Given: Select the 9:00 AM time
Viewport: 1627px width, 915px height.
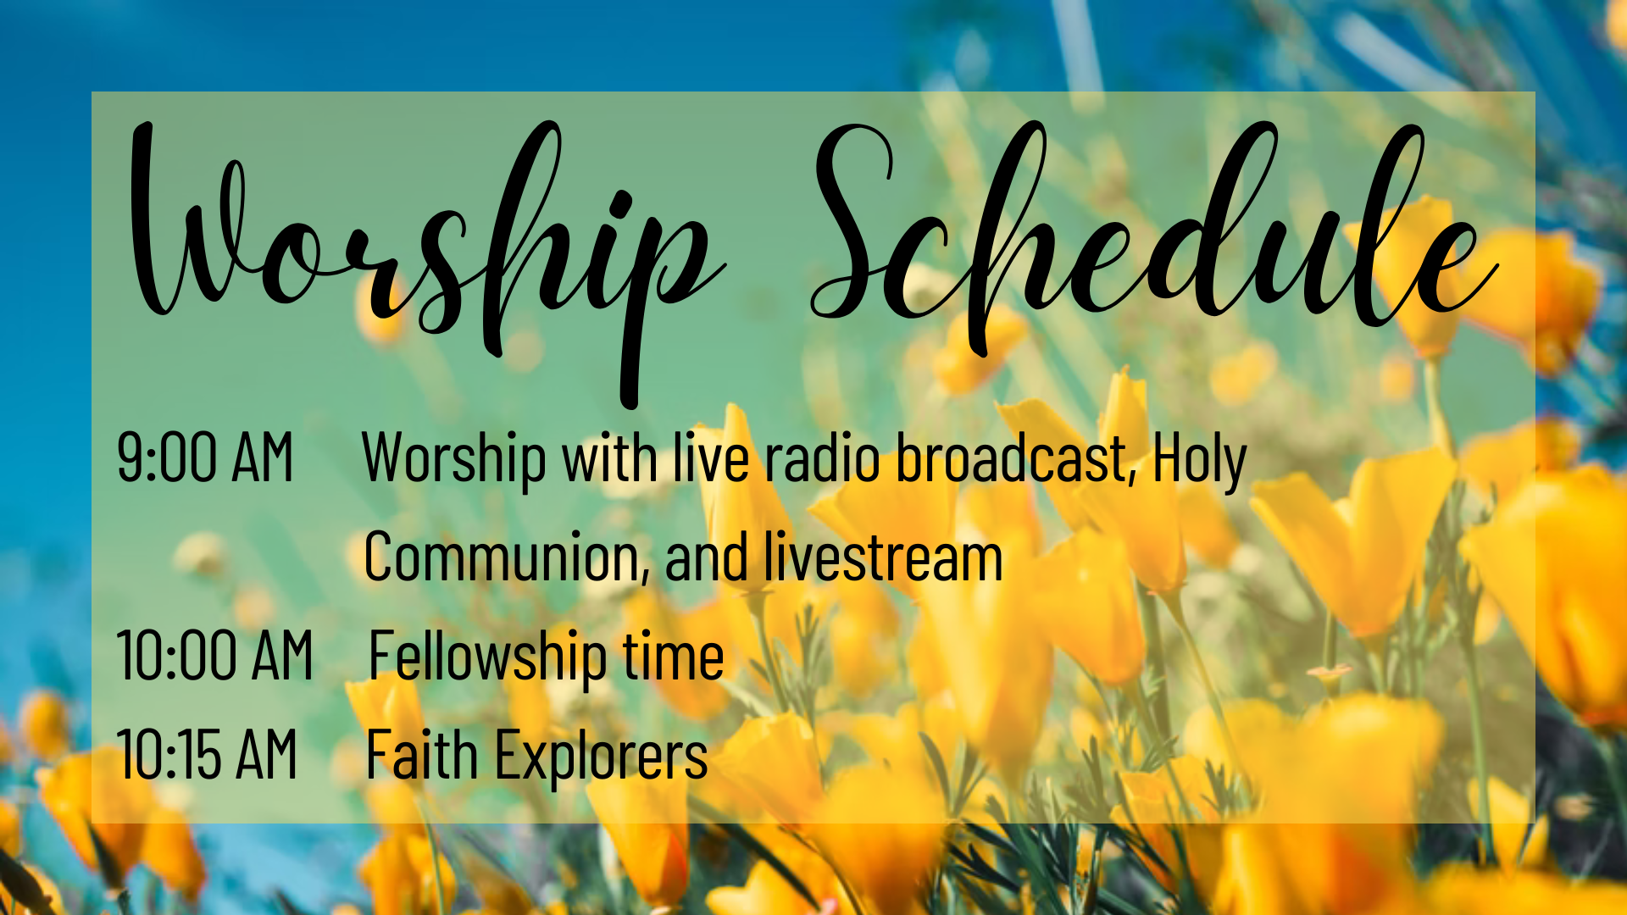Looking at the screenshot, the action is tap(205, 457).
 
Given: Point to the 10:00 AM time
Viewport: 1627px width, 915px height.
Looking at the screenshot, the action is tap(215, 655).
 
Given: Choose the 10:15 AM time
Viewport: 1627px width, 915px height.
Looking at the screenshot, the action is tap(208, 754).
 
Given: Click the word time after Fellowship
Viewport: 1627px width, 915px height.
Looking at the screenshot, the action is tap(674, 655).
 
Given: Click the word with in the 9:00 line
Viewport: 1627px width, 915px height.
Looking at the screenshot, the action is tap(610, 457).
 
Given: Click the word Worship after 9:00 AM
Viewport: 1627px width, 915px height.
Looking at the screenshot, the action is tap(454, 460).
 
